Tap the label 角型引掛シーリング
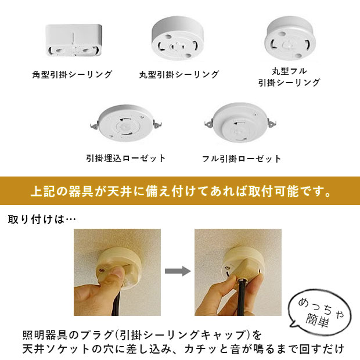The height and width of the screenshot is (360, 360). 72,75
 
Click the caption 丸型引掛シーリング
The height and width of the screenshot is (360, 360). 179,75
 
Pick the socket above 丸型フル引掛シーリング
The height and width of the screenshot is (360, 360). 289,36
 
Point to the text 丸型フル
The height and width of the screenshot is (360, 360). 289,71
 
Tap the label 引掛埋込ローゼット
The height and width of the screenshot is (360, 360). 125,158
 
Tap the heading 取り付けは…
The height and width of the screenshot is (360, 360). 42,220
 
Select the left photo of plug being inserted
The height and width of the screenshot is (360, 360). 117,271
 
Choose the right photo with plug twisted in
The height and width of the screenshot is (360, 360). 237,271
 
